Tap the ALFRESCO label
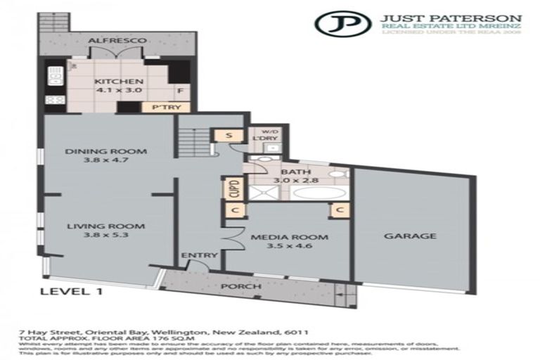pos(117,41)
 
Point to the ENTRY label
pos(194,255)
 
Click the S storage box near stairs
pos(231,136)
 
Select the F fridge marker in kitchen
pos(181,90)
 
